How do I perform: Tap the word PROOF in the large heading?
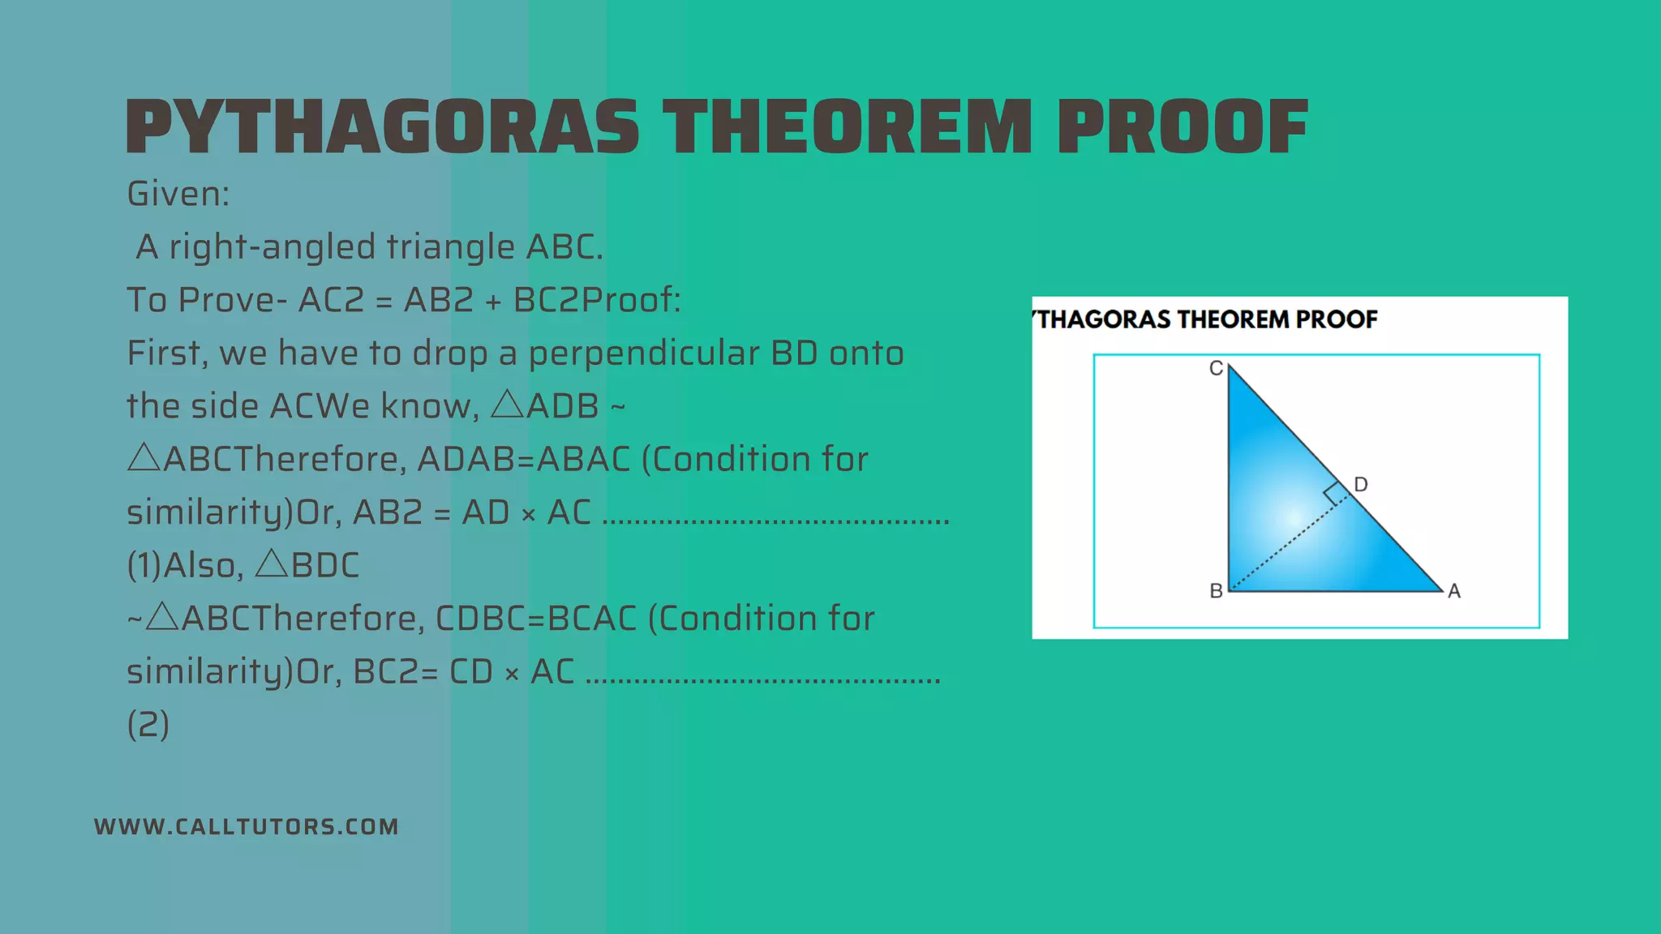point(1182,127)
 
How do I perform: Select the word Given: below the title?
point(178,194)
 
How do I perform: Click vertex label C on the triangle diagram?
point(1216,369)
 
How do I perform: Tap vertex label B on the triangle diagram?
point(1216,591)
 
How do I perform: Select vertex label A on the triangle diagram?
point(1454,591)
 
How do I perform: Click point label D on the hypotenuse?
point(1361,484)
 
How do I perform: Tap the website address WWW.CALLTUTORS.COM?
point(247,826)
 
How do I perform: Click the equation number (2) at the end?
point(148,724)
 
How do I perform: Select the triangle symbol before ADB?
point(508,404)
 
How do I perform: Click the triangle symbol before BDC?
point(273,563)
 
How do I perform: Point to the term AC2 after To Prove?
point(332,300)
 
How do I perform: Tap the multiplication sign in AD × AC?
point(529,515)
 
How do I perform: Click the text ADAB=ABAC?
point(523,460)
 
